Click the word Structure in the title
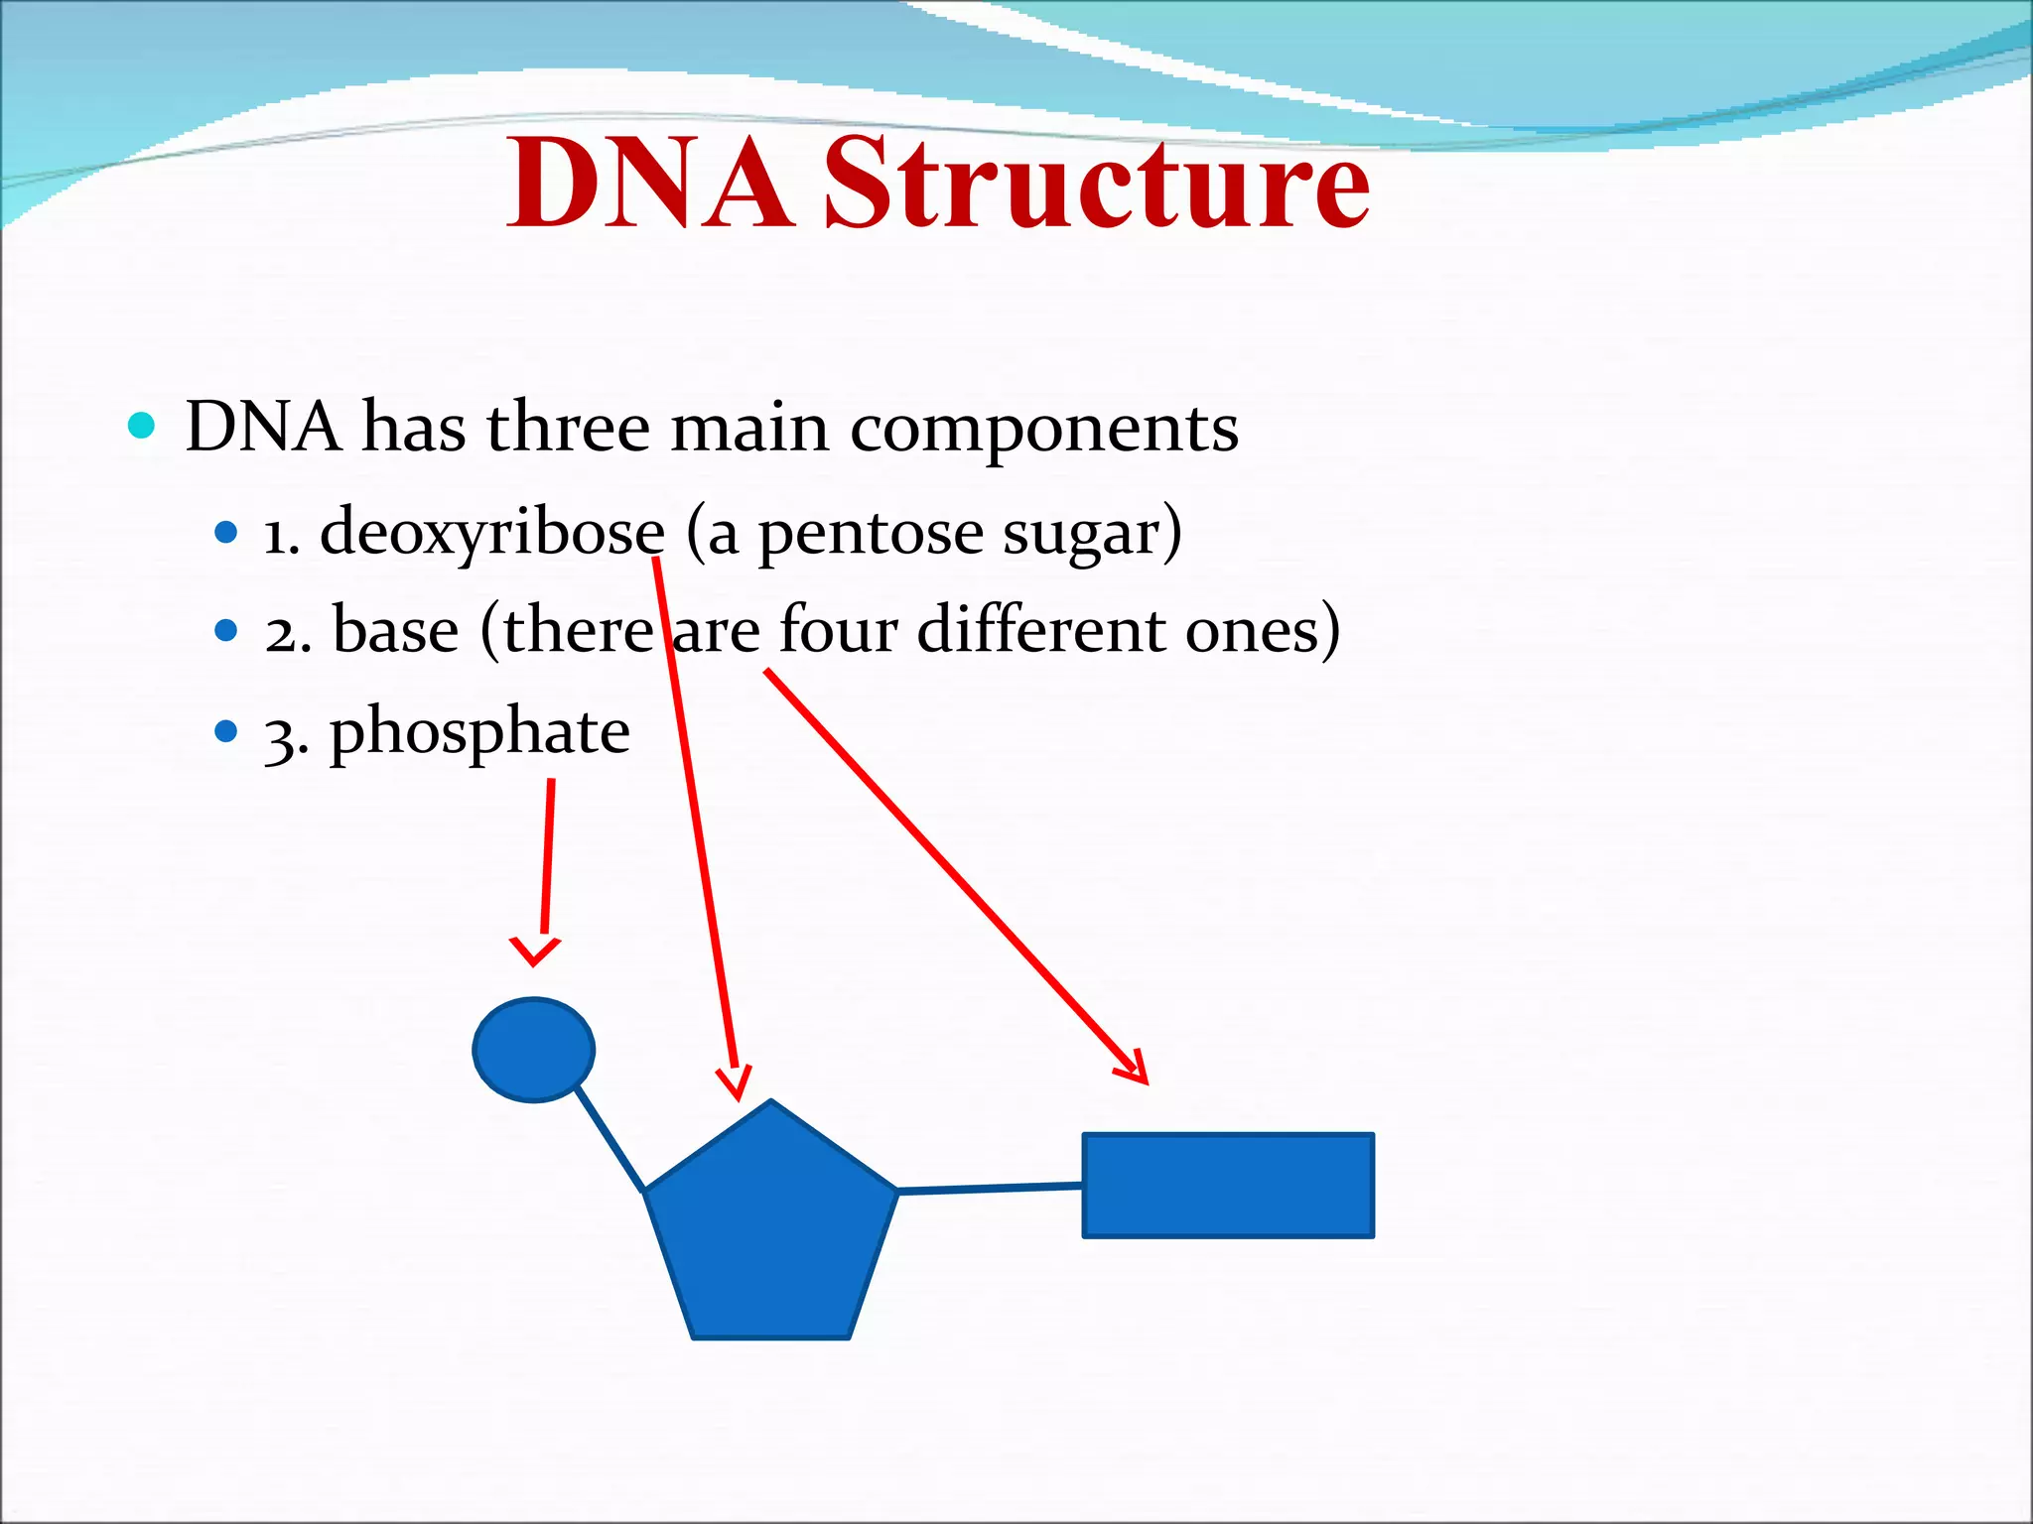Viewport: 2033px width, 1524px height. tap(1097, 185)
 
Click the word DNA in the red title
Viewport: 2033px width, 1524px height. tap(650, 185)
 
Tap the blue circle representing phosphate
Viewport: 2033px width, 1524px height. tap(534, 1050)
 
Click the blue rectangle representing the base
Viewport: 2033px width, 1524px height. tap(1228, 1185)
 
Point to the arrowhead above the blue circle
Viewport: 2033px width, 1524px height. tap(535, 951)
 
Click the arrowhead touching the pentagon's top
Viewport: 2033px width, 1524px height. tap(735, 1083)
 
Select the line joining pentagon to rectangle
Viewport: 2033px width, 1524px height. tap(990, 1188)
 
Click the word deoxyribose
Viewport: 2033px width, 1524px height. tap(491, 534)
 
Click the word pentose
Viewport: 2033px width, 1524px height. tap(871, 534)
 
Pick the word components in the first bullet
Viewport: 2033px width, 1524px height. tap(1044, 430)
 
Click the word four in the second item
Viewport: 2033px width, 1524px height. tap(838, 631)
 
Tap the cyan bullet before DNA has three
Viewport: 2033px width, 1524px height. tap(142, 427)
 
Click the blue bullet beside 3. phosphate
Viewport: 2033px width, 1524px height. tap(226, 732)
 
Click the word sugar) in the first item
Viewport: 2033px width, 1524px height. tap(1092, 534)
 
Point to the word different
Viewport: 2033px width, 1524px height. tap(1040, 631)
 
